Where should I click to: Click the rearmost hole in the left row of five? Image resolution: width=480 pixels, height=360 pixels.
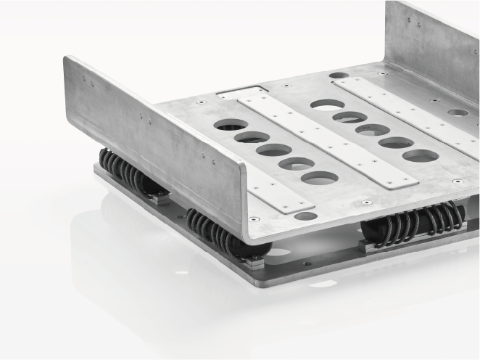click(231, 124)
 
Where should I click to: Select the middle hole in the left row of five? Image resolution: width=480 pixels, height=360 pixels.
click(274, 150)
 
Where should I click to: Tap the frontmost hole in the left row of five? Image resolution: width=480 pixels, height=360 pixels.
click(320, 177)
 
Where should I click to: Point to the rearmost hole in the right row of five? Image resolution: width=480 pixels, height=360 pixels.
click(328, 105)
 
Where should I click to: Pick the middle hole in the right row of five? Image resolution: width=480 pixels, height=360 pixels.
click(373, 129)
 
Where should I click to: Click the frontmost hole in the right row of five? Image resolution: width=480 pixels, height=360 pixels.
click(420, 155)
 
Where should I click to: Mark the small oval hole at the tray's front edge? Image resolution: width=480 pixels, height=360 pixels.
click(306, 216)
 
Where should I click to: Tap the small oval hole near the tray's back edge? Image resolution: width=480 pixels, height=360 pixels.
click(339, 75)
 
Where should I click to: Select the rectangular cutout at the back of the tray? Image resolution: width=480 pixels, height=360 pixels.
click(243, 92)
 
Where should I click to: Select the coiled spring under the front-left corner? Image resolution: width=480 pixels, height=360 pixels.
click(221, 232)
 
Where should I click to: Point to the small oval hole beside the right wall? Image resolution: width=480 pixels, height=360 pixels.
click(458, 112)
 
